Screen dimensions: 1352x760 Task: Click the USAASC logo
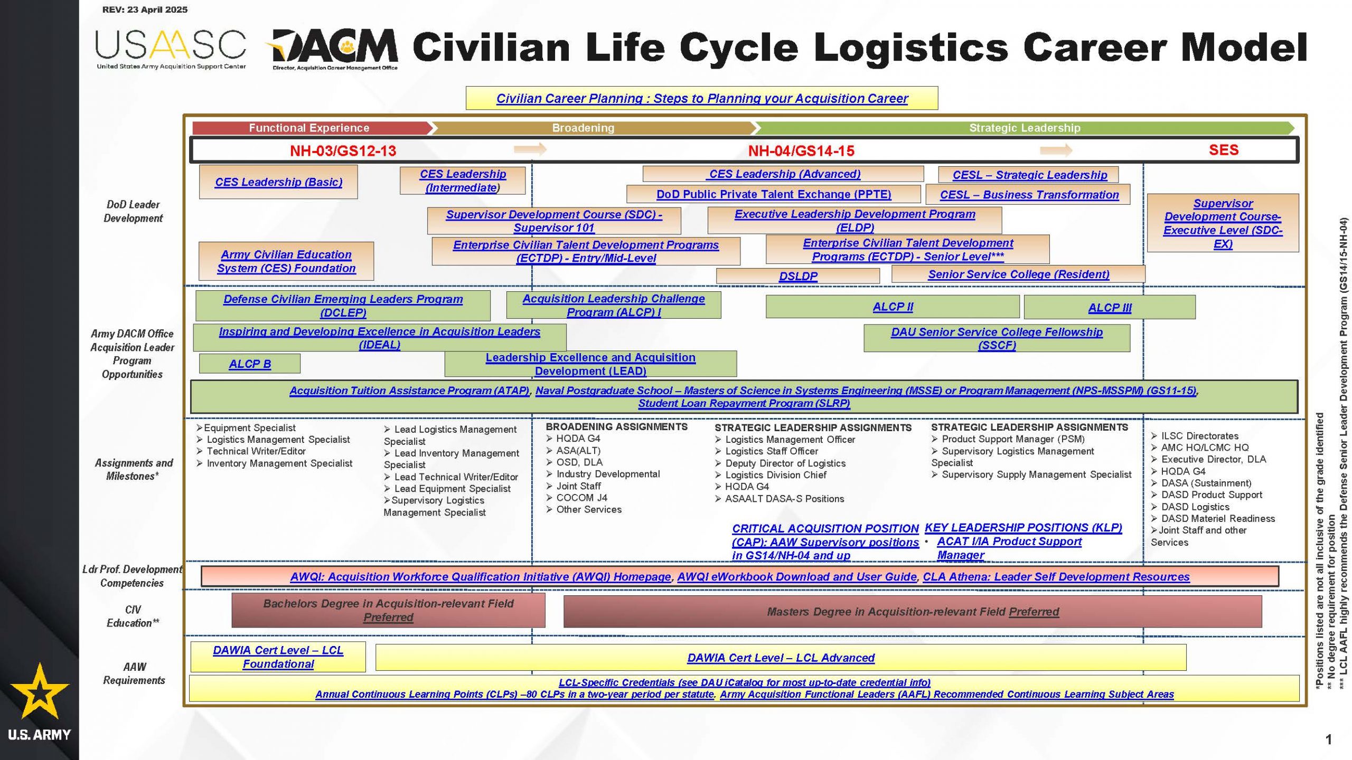[171, 50]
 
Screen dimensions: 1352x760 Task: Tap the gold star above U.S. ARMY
[40, 691]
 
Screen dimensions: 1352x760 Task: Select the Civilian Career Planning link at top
[702, 98]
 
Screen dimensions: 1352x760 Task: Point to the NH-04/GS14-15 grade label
[801, 151]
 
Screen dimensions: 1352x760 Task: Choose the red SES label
[1224, 150]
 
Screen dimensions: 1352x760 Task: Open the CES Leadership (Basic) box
[278, 182]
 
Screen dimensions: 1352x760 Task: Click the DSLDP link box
[798, 276]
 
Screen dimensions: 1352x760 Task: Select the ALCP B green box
[250, 364]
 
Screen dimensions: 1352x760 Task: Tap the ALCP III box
[1110, 307]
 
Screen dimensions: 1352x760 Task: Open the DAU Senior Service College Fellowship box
[997, 338]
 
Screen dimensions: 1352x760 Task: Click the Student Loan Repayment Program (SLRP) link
[744, 403]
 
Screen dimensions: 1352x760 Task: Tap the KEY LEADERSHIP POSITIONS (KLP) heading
[1024, 528]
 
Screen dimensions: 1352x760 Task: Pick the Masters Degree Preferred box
[913, 612]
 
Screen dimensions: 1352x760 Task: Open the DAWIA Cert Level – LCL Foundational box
[278, 657]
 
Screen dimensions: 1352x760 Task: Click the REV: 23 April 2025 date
[145, 9]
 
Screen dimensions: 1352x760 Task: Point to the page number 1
[1329, 739]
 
